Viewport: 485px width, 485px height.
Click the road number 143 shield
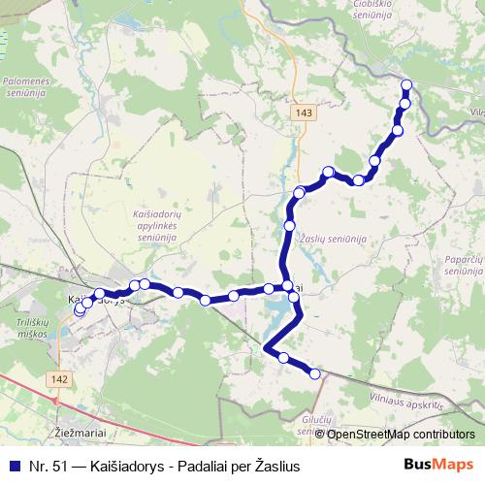click(x=305, y=113)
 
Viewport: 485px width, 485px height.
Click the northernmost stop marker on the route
click(x=406, y=85)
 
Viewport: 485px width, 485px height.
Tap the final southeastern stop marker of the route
click(x=315, y=373)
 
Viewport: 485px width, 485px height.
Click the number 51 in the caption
click(x=58, y=466)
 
